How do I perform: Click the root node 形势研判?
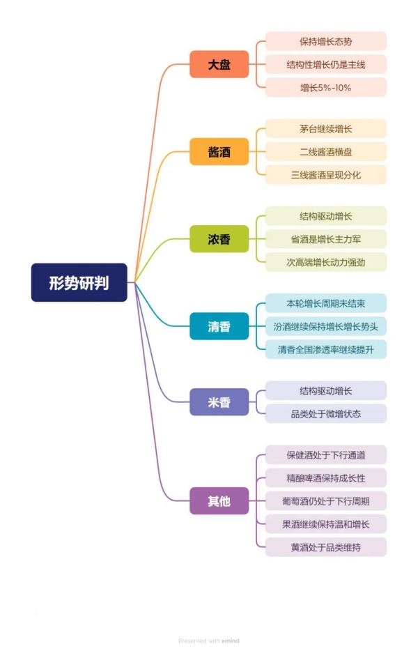(79, 282)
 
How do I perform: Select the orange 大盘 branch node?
(219, 65)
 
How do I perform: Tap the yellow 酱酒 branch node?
(219, 151)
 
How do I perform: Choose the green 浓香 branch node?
(219, 239)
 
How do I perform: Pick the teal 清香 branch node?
(219, 326)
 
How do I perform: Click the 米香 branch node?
(219, 402)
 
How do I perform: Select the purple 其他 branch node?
(219, 500)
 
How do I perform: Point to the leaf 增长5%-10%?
(325, 87)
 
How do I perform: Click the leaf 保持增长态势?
(325, 41)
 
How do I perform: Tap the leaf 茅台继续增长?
(325, 129)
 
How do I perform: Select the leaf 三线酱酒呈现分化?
(325, 175)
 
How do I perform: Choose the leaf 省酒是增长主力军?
(325, 239)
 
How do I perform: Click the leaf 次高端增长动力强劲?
(325, 262)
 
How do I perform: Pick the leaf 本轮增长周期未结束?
(325, 303)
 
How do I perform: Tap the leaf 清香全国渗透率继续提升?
(325, 349)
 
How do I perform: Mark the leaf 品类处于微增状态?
(325, 413)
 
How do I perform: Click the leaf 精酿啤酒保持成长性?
(325, 477)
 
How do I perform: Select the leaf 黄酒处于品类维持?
(325, 546)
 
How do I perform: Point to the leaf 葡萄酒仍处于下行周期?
(325, 500)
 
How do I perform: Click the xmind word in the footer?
(231, 641)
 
